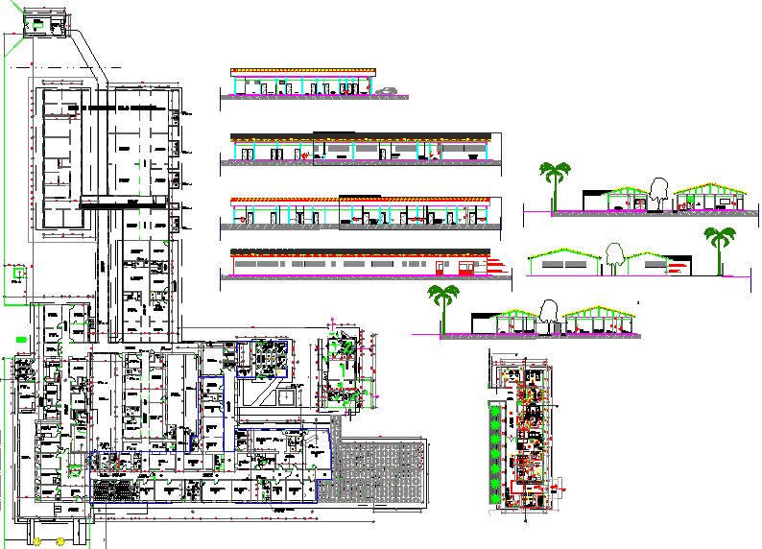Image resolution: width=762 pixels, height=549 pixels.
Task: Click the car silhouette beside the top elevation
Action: [385, 92]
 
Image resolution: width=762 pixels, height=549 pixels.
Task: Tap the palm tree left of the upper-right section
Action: [554, 182]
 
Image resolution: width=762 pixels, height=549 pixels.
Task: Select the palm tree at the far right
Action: [718, 247]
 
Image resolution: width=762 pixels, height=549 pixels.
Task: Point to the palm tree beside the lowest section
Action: [442, 305]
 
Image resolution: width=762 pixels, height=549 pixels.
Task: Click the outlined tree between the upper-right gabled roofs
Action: [659, 190]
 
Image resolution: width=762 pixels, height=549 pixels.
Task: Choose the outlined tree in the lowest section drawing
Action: [550, 314]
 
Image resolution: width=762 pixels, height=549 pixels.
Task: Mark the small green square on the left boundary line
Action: [18, 274]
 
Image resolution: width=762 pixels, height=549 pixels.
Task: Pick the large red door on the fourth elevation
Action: [439, 266]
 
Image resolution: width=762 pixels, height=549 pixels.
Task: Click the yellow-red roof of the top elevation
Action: [302, 72]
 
